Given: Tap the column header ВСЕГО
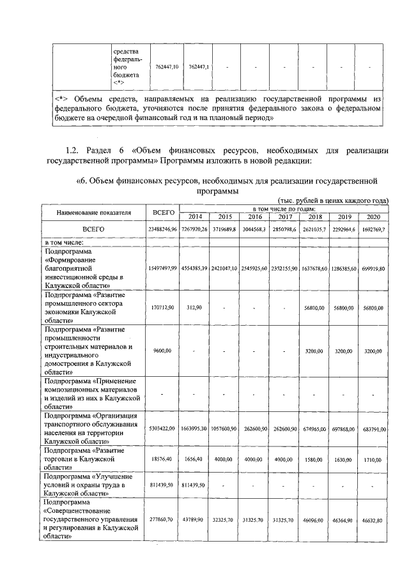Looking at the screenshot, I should point(163,211).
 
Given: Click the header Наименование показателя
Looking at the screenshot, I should point(93,211).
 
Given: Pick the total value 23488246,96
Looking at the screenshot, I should point(163,229).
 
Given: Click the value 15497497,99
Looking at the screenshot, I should point(163,270).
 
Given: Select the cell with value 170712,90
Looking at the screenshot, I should point(164,308).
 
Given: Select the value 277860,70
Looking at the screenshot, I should point(164,521).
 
